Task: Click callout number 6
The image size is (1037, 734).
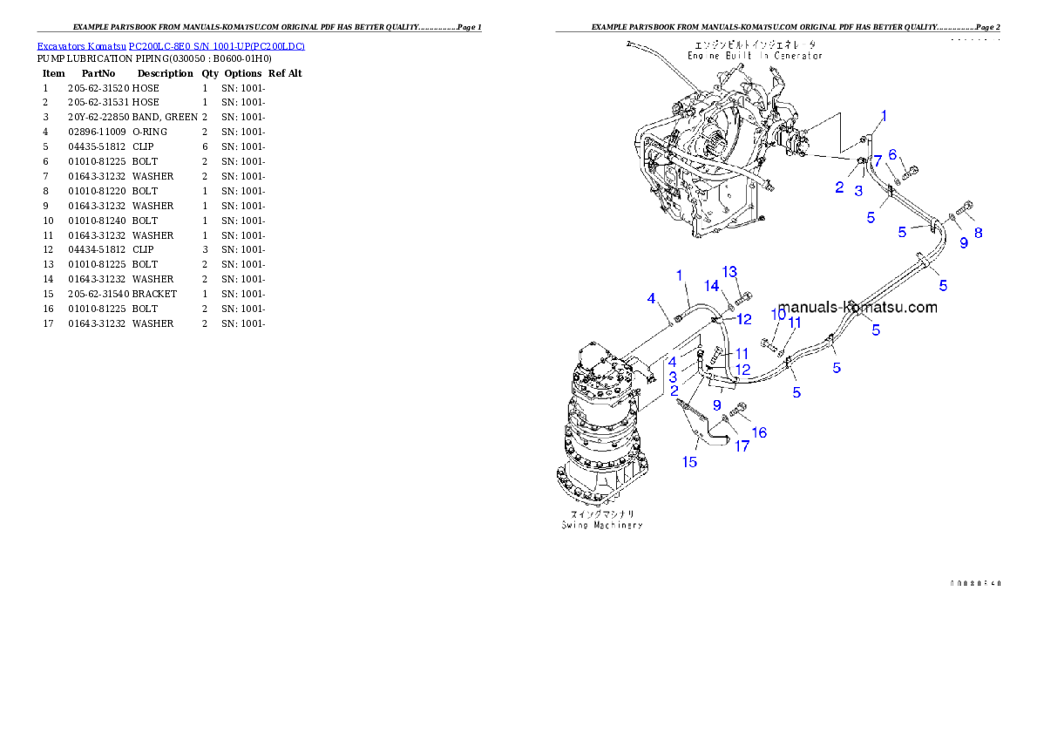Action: tap(892, 154)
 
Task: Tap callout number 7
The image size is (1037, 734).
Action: tap(878, 160)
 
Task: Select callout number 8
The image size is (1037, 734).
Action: tap(979, 233)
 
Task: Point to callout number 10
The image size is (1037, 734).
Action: tap(778, 315)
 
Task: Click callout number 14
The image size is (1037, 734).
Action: tap(712, 286)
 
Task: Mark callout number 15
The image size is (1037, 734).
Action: tap(689, 462)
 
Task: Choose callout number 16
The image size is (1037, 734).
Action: tap(759, 432)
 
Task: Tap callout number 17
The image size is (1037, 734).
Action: tap(742, 446)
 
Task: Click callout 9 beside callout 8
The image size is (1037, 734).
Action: tap(964, 243)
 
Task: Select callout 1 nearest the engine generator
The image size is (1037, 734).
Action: tap(884, 115)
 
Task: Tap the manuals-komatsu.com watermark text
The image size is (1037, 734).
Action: tap(857, 307)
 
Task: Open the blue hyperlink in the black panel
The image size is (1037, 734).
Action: tap(171, 46)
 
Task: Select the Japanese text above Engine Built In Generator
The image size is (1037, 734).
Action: tap(755, 44)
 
